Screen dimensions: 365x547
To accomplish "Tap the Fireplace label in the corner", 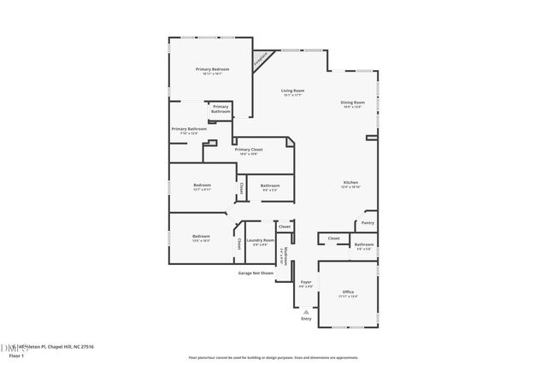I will tap(259, 60).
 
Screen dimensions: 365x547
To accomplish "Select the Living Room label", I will tap(293, 91).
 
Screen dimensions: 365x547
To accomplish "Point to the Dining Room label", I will tap(353, 103).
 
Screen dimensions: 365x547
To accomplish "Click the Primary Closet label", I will tap(249, 150).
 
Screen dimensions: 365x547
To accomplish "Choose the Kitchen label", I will tap(351, 183).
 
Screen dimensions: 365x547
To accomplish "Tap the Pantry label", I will tap(368, 222).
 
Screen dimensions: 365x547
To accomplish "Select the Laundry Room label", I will tap(261, 242).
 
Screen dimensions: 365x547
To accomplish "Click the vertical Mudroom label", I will tap(284, 256).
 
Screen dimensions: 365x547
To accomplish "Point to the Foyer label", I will tap(305, 282).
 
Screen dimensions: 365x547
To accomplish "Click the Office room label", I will tap(348, 293).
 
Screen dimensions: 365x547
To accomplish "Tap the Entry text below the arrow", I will tap(307, 319).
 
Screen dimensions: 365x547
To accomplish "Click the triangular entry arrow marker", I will tap(307, 311).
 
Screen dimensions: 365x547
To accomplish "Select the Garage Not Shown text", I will tap(256, 273).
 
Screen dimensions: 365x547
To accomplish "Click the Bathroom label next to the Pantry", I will tap(363, 245).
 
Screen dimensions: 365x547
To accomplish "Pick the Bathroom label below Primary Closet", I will tap(270, 186).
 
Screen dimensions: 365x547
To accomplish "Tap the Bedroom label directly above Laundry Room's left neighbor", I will tap(202, 186).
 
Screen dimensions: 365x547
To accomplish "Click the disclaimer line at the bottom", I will tap(273, 356).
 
